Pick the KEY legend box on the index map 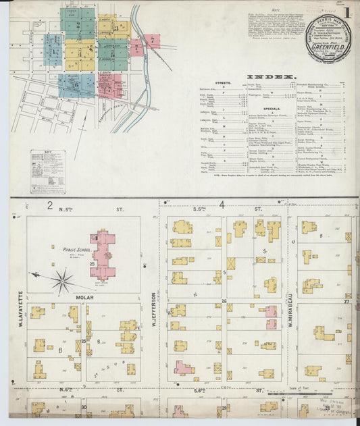[48, 172]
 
